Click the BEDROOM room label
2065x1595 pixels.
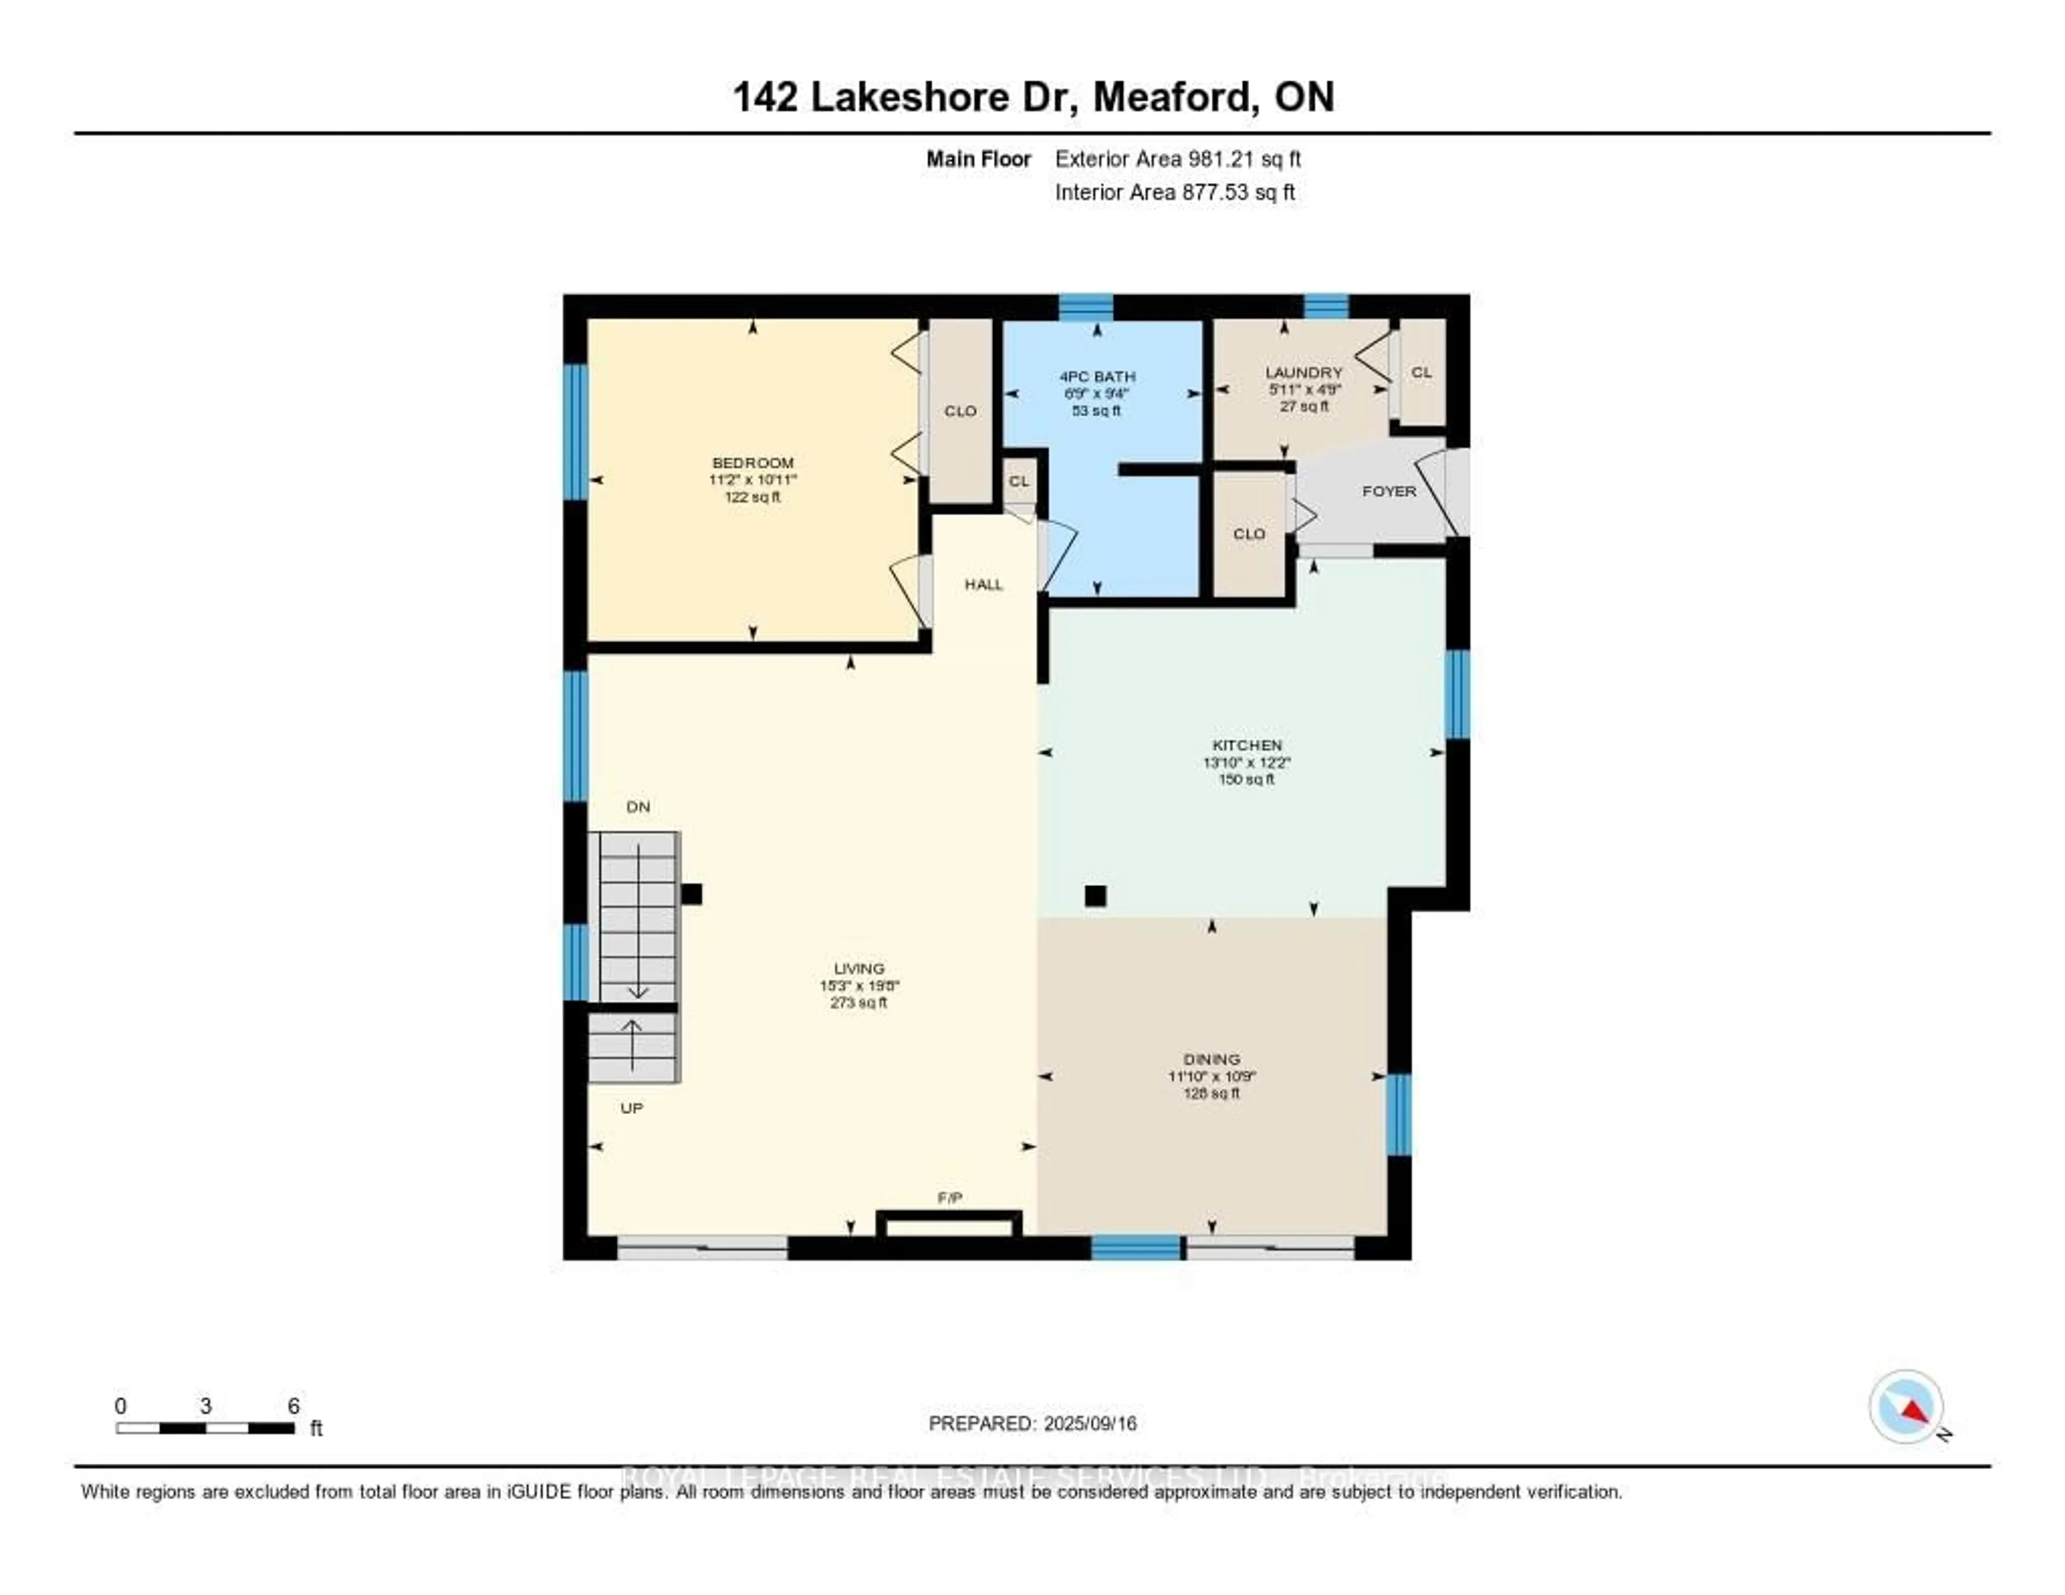753,462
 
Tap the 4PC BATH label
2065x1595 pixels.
1097,376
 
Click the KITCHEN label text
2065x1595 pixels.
1246,745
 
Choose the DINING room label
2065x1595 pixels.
1210,1059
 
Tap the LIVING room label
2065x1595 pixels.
858,968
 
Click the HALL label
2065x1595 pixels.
984,585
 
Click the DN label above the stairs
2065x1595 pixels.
638,807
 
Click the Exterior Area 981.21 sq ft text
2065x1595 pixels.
1177,159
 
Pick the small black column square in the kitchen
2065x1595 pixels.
1095,895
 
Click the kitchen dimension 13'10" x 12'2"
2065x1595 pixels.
1246,762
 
